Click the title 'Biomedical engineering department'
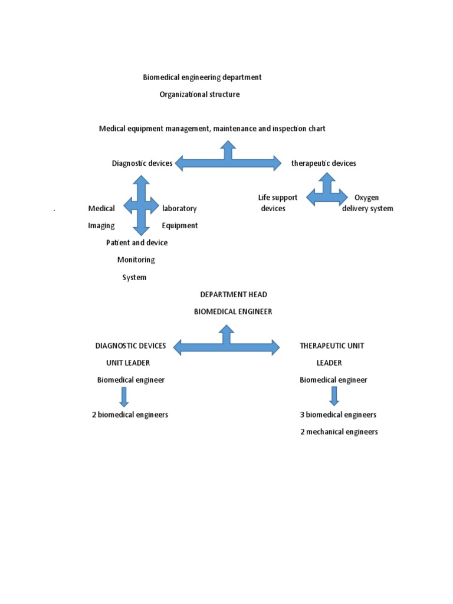[202, 77]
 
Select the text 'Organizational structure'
[199, 94]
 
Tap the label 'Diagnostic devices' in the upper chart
[142, 163]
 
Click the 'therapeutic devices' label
[323, 163]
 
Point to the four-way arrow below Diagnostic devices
[141, 206]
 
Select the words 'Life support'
[278, 198]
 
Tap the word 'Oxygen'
[366, 198]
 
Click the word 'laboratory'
[179, 208]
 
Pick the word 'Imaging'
[101, 225]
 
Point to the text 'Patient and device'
[137, 242]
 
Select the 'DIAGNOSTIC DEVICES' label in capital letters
[130, 346]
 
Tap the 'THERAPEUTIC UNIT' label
[331, 346]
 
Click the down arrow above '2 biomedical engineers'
[124, 397]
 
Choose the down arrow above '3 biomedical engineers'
[334, 397]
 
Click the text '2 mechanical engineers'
[339, 432]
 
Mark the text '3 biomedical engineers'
[338, 415]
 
